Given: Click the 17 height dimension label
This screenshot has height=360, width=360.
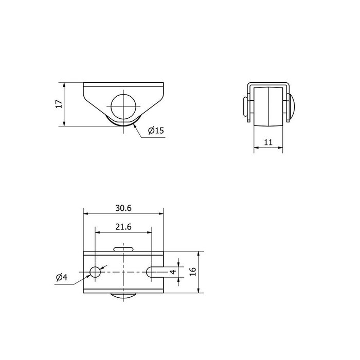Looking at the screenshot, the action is pos(59,104).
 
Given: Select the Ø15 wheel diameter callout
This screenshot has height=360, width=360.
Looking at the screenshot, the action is pos(156,131).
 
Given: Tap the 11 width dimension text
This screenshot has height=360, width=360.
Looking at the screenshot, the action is pos(268,142).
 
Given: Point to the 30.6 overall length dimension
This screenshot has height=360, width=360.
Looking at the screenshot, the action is pos(123,208).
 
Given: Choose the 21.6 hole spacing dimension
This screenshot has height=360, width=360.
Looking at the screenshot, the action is pos(123,227).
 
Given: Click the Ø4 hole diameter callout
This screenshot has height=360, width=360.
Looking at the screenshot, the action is pos(62,277).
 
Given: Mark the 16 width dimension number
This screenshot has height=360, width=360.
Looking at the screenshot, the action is pos(193,272).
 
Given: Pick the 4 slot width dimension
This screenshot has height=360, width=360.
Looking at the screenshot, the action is pos(173,272).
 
